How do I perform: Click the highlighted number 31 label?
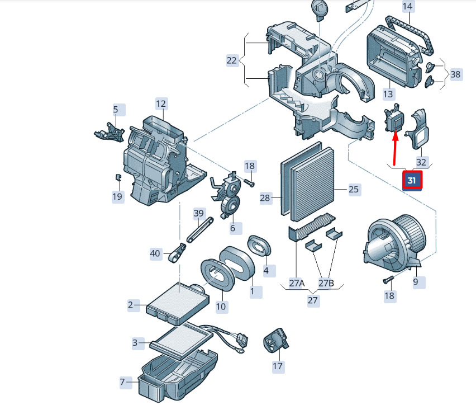(412, 181)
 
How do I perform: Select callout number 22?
(232, 60)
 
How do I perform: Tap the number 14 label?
(407, 6)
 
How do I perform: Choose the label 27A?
(297, 283)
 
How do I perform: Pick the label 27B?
(326, 283)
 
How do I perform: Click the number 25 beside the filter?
(354, 190)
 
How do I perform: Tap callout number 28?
(265, 198)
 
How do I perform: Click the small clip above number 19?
(118, 177)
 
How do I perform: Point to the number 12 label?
(161, 104)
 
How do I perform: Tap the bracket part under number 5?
(110, 133)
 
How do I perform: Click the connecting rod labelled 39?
(200, 230)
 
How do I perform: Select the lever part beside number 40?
(177, 252)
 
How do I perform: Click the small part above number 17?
(276, 340)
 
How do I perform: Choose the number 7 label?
(123, 382)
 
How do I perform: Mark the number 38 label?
(455, 74)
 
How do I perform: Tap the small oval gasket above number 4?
(259, 246)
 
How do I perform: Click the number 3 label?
(135, 343)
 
